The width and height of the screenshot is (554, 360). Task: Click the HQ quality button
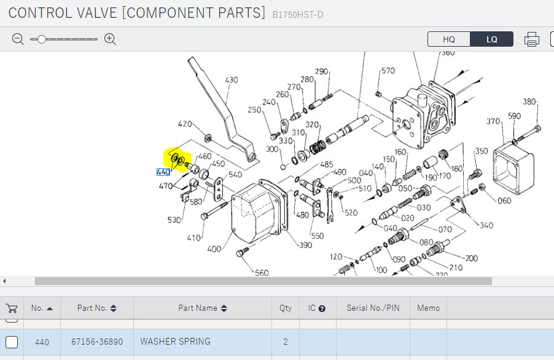tap(449, 39)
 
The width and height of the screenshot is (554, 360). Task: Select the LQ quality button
tap(491, 39)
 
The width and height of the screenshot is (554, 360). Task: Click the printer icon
tap(531, 39)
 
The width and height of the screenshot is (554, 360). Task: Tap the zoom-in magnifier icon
tap(110, 39)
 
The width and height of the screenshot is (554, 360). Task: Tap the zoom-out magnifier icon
tap(18, 39)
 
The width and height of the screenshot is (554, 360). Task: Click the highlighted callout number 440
tap(163, 172)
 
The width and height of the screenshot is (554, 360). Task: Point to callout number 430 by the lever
tap(231, 80)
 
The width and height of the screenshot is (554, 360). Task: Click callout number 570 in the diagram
tap(388, 71)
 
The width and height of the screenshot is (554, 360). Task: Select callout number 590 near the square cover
tap(514, 116)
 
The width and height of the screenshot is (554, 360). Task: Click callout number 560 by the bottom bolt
tap(262, 273)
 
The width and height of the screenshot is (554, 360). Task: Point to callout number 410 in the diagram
tap(194, 238)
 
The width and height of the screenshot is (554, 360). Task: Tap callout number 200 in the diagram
tap(472, 259)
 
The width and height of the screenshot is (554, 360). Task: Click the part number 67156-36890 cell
tap(97, 342)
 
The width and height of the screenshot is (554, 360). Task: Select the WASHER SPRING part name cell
tap(176, 342)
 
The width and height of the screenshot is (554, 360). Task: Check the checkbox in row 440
tap(12, 342)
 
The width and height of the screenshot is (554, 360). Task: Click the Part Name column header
tap(202, 308)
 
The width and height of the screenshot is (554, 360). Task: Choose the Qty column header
tap(286, 308)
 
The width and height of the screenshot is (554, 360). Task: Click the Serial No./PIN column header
tap(373, 308)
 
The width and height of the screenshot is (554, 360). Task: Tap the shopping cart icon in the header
tap(12, 308)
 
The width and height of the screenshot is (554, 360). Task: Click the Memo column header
tap(428, 308)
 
